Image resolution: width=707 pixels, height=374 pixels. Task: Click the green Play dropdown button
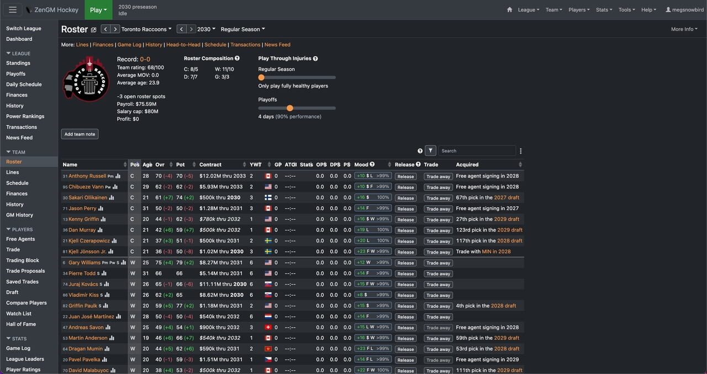98,9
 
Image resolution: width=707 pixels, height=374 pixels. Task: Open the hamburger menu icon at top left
13,9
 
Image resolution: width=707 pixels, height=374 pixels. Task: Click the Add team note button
80,134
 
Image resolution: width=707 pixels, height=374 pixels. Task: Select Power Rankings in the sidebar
25,117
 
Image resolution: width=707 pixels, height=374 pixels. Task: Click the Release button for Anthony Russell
405,176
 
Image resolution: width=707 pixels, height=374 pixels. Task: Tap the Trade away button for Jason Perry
438,209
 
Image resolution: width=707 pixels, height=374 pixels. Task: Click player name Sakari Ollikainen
88,198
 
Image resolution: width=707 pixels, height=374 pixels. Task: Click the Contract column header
210,165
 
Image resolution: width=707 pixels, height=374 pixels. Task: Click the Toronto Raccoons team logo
86,79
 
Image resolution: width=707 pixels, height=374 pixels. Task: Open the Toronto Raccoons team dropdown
146,29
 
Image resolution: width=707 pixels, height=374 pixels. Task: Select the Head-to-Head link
184,45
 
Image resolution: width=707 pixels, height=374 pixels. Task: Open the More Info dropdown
684,29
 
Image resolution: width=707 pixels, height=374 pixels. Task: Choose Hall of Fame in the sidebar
21,324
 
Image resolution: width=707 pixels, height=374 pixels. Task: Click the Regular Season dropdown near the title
242,29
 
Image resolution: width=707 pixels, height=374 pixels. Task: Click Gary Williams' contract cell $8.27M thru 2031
221,263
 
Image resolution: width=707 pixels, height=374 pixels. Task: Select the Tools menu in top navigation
626,9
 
